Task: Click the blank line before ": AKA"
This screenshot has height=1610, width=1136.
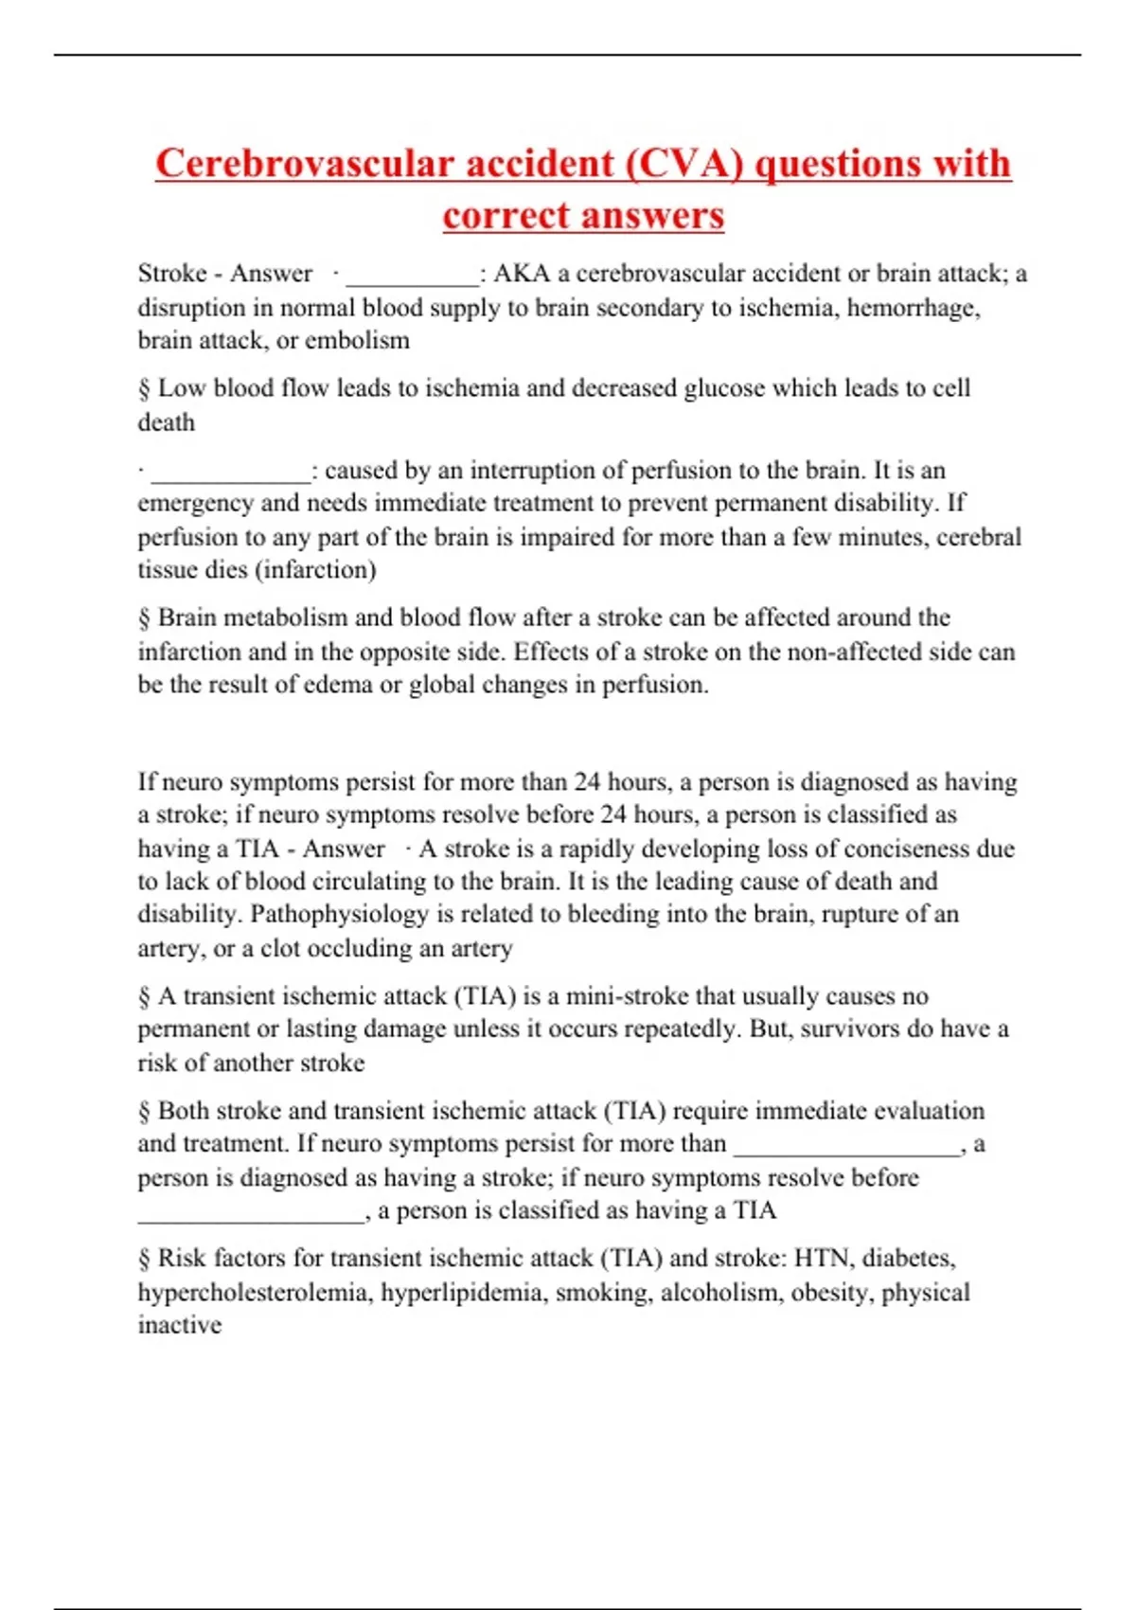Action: pyautogui.click(x=413, y=277)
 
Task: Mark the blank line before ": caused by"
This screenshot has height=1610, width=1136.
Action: pyautogui.click(x=230, y=474)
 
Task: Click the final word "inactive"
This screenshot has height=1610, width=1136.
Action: pyautogui.click(x=180, y=1325)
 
